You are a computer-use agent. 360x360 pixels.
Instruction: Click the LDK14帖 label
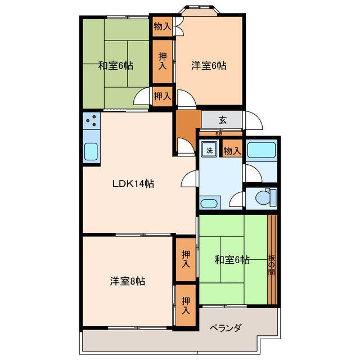pos(133,183)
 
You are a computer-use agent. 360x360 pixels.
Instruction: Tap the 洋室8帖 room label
pos(128,281)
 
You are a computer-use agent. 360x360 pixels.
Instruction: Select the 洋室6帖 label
pos(209,66)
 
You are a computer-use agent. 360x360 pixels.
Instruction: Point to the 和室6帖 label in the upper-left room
pos(116,66)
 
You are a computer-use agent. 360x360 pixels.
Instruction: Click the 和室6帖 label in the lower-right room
pos(232,260)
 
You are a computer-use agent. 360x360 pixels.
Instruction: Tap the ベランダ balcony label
pos(226,328)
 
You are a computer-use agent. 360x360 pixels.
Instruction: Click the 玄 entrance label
pos(222,119)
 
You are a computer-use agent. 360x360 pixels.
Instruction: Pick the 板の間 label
pos(272,264)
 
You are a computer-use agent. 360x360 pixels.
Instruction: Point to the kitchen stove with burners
pos(91,120)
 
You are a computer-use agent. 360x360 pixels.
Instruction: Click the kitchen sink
pos(91,151)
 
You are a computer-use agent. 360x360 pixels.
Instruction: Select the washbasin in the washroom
pos(210,203)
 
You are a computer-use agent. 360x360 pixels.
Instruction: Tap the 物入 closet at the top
pos(163,26)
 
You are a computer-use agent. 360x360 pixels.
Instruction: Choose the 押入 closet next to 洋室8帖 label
pos(185,259)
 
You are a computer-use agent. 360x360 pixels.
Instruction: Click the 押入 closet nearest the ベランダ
pos(185,306)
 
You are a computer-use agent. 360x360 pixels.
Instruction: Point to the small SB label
pos(219,133)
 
